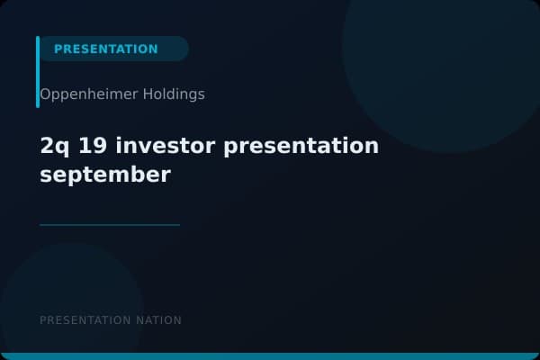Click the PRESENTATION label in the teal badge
tap(105, 49)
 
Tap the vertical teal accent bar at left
tap(38, 72)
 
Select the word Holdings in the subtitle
tap(174, 94)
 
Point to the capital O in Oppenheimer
tap(45, 94)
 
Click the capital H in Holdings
tap(148, 94)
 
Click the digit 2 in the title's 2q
tap(47, 146)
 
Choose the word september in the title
tap(104, 175)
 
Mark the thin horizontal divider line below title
tap(110, 225)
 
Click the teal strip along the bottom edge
tap(270, 356)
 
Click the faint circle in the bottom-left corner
tap(63, 297)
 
